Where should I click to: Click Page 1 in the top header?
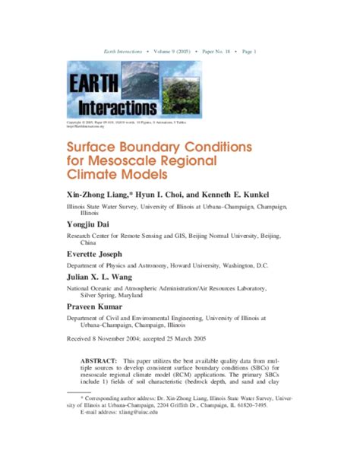tap(249, 51)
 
